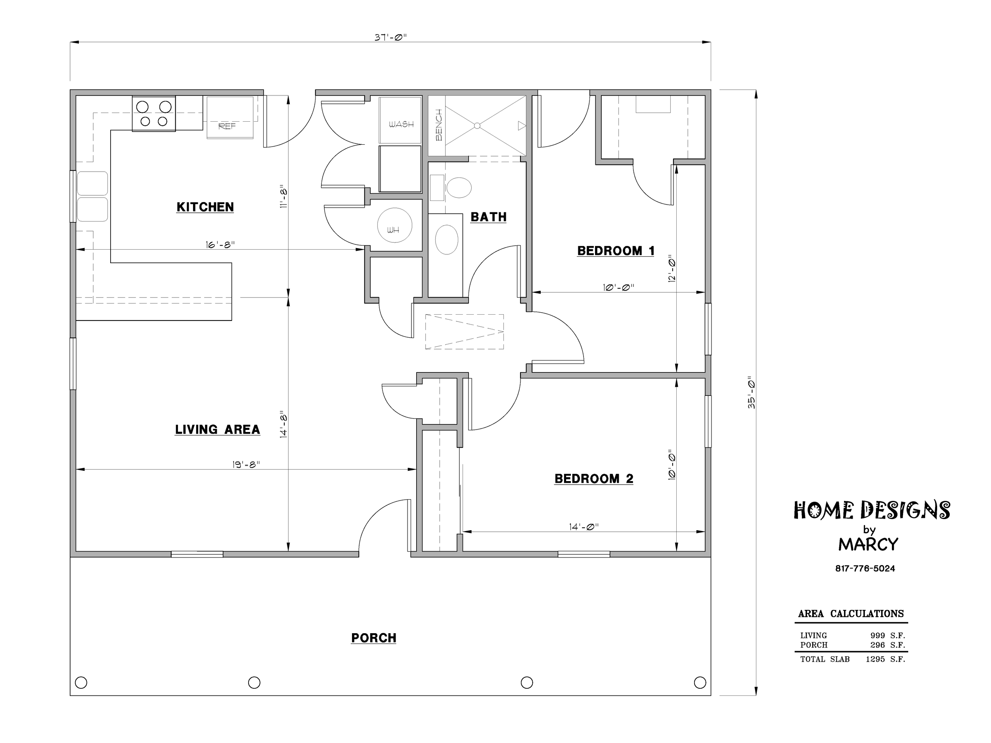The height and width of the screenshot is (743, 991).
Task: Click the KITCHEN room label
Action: click(205, 207)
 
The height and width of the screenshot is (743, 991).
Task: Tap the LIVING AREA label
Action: click(217, 430)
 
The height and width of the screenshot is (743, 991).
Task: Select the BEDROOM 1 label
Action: click(616, 251)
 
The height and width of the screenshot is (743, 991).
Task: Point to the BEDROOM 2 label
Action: click(594, 479)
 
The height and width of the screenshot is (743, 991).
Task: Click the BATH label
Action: click(488, 217)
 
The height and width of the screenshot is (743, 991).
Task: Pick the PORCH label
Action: click(374, 638)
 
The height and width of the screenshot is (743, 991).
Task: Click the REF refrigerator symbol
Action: click(230, 117)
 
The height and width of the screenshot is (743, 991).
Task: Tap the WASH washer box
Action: click(400, 120)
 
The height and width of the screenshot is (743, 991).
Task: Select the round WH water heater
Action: click(394, 225)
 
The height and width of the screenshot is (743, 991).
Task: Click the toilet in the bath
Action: click(458, 188)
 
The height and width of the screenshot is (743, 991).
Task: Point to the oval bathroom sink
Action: click(447, 240)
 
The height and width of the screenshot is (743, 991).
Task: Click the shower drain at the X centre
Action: click(477, 126)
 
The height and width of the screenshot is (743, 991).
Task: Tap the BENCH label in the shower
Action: click(438, 125)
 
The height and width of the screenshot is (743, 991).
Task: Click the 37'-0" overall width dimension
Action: click(390, 38)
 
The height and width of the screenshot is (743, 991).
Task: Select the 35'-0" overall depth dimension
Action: click(751, 392)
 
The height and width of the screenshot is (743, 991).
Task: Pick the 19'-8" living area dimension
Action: click(246, 464)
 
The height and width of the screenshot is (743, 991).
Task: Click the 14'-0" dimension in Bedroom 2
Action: click(584, 527)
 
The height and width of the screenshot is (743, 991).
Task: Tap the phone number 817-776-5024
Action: click(865, 568)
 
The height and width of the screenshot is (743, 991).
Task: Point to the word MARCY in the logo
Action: click(868, 544)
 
